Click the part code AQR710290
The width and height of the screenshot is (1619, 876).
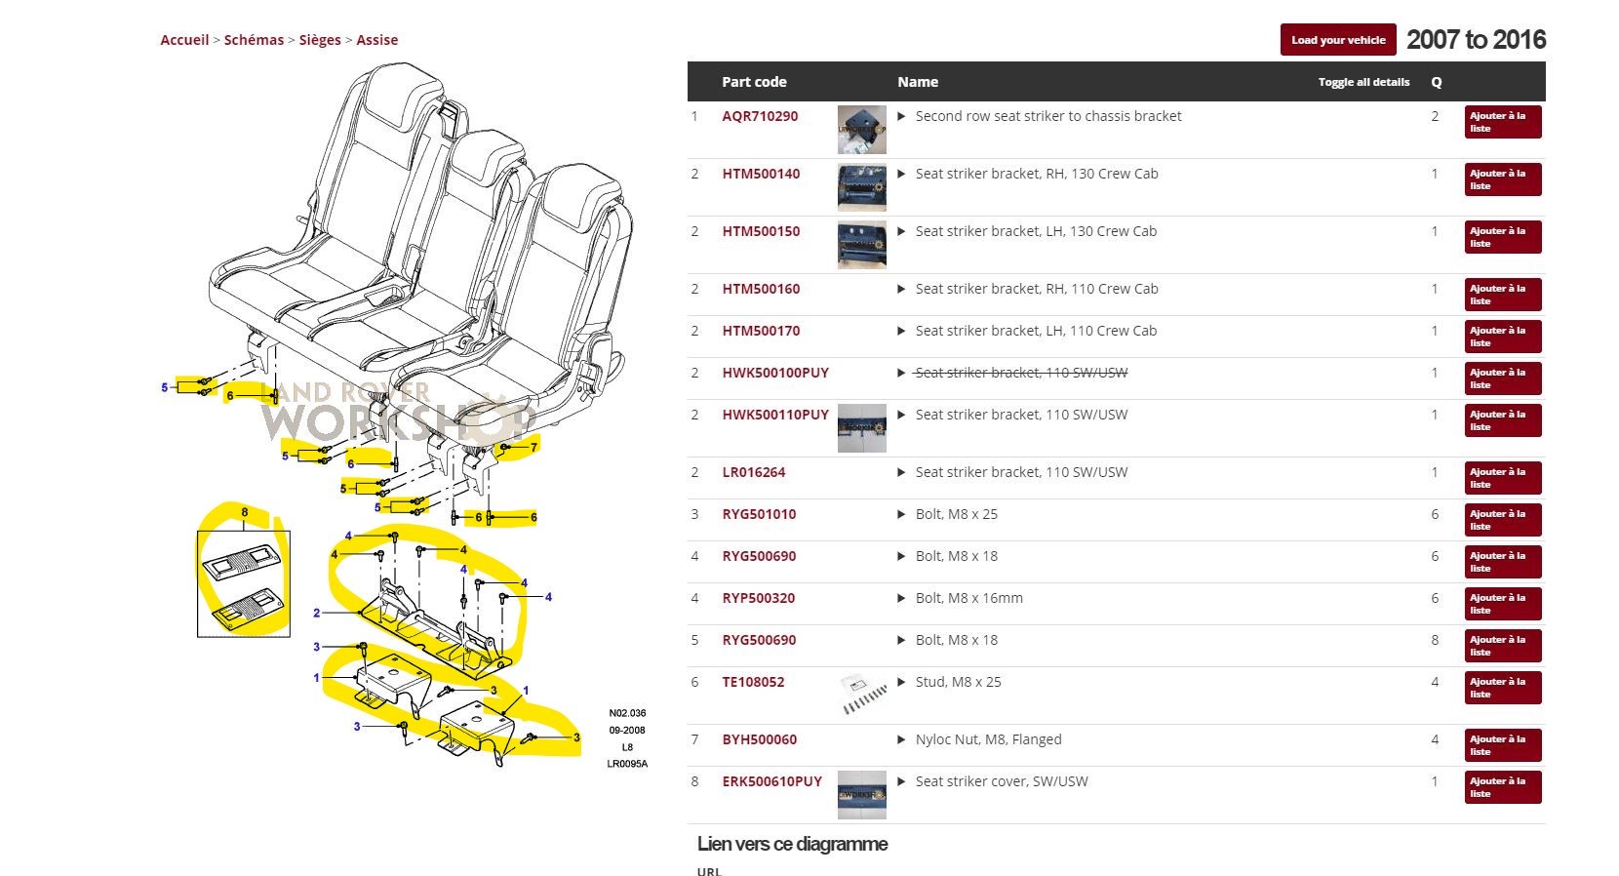click(x=760, y=116)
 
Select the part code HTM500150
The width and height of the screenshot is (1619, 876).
click(x=761, y=231)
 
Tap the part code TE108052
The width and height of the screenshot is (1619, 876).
click(x=753, y=682)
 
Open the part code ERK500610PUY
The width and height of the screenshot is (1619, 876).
click(x=771, y=781)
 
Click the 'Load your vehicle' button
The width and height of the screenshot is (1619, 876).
click(x=1337, y=40)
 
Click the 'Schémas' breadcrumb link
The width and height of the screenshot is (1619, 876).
click(x=254, y=40)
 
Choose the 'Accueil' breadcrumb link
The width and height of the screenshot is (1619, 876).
click(x=184, y=40)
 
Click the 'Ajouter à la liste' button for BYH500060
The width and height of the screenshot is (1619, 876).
click(x=1502, y=745)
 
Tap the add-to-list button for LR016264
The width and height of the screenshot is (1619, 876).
click(x=1502, y=478)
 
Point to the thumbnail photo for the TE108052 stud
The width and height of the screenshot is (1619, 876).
click(x=862, y=695)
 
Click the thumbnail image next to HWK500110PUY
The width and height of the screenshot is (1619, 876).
click(x=862, y=427)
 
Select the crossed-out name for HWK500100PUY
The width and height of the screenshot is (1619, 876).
click(x=1020, y=373)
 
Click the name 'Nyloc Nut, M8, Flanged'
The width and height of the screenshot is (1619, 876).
click(x=988, y=739)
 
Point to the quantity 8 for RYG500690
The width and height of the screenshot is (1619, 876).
click(x=1435, y=640)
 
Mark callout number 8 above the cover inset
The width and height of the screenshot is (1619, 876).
click(x=244, y=512)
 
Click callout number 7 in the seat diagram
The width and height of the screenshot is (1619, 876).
click(x=533, y=448)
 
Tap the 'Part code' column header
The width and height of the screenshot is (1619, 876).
click(x=754, y=82)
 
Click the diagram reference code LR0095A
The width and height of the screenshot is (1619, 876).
click(x=627, y=764)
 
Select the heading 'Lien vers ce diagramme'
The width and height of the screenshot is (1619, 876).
click(x=792, y=844)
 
